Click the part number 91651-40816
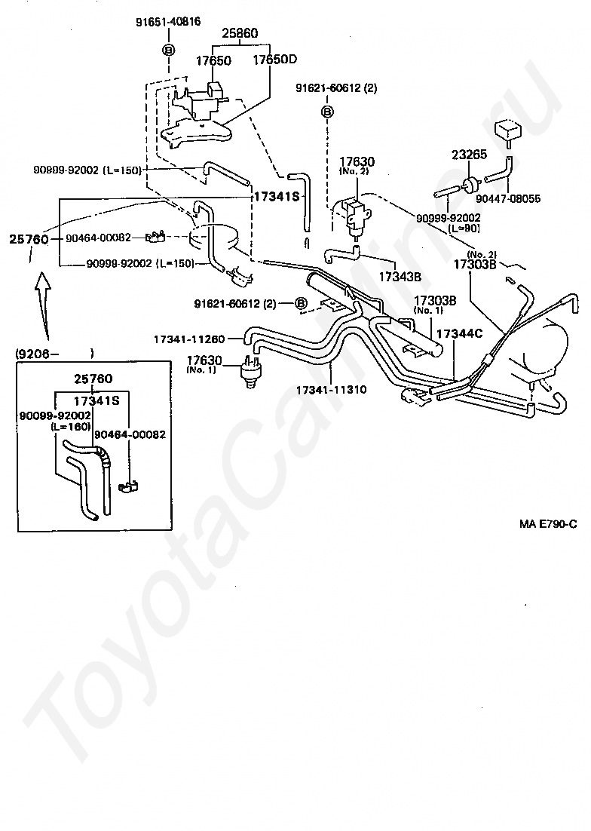[169, 22]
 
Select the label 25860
[239, 34]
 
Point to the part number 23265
[470, 155]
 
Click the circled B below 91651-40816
[168, 50]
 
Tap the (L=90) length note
[464, 228]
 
